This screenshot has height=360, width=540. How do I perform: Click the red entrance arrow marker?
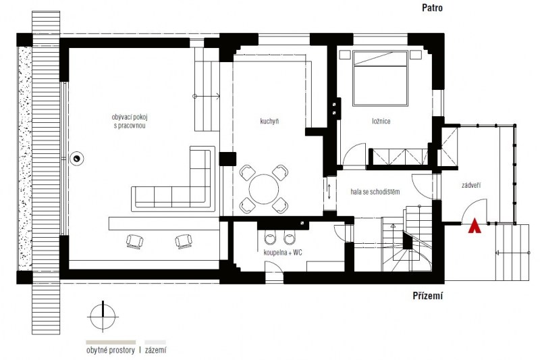(475, 226)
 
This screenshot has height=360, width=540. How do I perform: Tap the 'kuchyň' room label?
(269, 122)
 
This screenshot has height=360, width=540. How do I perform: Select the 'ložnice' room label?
(381, 122)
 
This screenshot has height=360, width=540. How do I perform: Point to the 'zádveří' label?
(471, 185)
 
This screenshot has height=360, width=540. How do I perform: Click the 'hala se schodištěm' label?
(375, 192)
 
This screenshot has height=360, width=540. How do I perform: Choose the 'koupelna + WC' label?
(283, 253)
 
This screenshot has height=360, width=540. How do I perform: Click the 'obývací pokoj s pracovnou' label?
(130, 122)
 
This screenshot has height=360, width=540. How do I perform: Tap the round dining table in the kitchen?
(264, 190)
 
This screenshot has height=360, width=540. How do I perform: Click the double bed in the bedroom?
(380, 78)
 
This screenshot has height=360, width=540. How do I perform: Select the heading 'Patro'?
(432, 8)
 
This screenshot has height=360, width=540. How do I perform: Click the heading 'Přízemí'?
(427, 296)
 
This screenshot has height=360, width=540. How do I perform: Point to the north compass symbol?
(103, 317)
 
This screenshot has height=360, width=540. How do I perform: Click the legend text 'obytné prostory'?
(110, 351)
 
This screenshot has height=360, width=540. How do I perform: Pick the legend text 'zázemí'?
(155, 351)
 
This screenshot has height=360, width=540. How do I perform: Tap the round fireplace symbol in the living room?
(76, 159)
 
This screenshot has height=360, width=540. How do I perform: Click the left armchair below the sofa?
(134, 241)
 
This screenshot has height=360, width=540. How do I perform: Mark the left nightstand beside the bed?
(345, 55)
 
